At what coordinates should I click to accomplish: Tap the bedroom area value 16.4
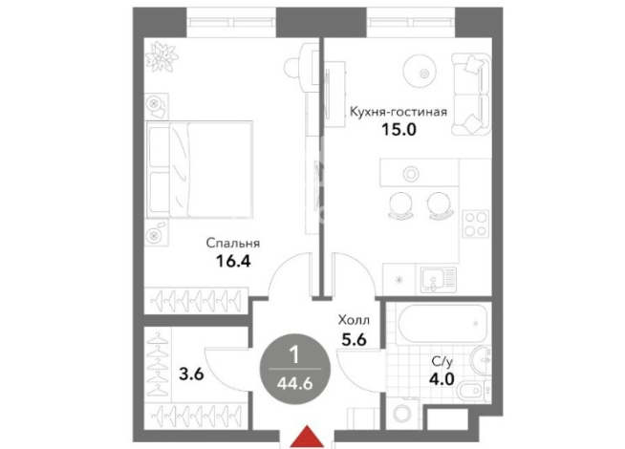[233, 261]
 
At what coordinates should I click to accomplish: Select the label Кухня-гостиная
[399, 112]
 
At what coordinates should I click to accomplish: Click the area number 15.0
[399, 130]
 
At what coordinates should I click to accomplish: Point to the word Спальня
[233, 243]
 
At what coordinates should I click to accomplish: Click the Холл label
[354, 319]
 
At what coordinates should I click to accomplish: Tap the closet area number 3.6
[191, 374]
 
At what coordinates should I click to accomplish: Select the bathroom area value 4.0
[442, 378]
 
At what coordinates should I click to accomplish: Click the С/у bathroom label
[442, 362]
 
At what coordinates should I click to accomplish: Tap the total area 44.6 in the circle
[295, 384]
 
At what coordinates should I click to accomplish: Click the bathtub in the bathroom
[442, 324]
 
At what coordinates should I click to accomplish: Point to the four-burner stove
[476, 224]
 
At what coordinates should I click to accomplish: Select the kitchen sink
[436, 279]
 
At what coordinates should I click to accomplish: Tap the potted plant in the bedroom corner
[162, 57]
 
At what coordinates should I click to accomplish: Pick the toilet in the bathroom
[473, 390]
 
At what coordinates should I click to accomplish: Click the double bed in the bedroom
[200, 169]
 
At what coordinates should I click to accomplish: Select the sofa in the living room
[471, 94]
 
